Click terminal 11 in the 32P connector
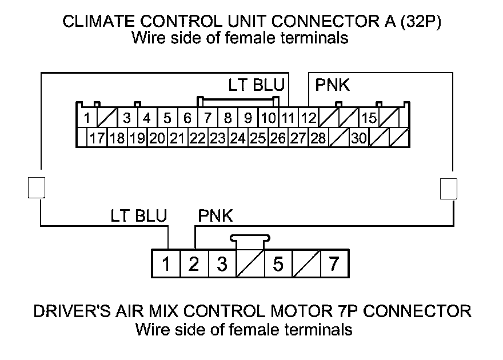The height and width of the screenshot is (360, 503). (288, 119)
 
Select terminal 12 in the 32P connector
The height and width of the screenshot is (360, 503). (309, 119)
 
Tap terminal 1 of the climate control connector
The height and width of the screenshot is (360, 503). (87, 119)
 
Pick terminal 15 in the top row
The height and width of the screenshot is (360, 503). (369, 119)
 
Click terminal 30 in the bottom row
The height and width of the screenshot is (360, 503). (358, 138)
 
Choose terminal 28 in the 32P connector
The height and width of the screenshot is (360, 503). (318, 138)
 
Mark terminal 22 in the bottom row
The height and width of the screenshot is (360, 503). (198, 138)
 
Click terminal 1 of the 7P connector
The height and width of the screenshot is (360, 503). (166, 264)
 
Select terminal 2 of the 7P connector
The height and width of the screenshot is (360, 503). (194, 264)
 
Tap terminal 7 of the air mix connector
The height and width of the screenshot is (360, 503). (334, 264)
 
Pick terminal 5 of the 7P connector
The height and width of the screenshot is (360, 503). (278, 264)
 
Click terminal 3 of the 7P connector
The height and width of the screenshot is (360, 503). (222, 264)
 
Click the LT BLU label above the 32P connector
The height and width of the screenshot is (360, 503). (256, 86)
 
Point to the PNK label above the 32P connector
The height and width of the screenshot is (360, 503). (333, 86)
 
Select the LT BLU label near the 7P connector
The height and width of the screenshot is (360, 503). (139, 216)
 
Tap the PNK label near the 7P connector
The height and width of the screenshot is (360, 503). (215, 216)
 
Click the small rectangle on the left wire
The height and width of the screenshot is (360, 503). (36, 187)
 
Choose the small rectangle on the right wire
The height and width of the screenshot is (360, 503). (449, 188)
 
